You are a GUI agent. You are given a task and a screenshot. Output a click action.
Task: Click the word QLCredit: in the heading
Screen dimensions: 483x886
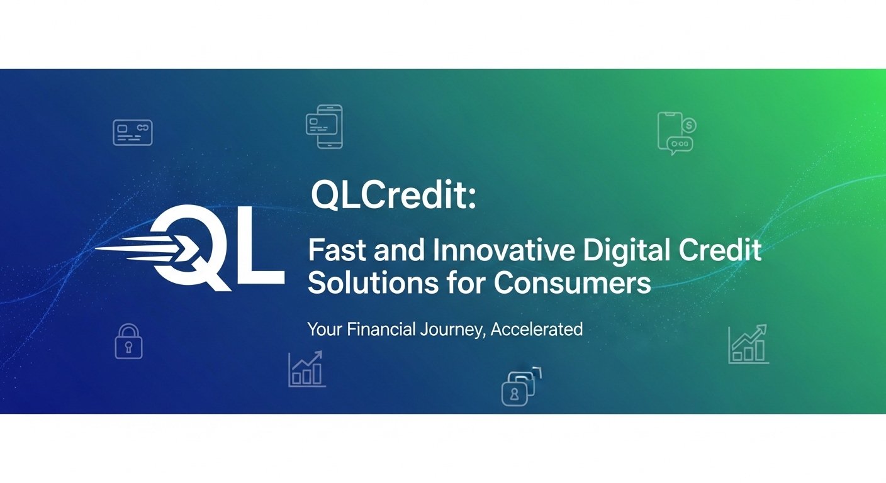394,196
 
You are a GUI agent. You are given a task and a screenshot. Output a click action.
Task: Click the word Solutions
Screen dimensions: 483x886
362,283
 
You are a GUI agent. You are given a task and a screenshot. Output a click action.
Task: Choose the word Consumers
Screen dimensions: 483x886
572,283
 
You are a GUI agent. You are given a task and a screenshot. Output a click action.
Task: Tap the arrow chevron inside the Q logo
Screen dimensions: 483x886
189,250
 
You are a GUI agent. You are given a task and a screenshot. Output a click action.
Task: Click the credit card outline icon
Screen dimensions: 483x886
132,133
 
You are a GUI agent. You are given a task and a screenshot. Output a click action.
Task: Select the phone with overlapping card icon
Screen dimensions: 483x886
325,126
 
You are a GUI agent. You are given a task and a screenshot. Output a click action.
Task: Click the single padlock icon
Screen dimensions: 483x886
128,342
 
